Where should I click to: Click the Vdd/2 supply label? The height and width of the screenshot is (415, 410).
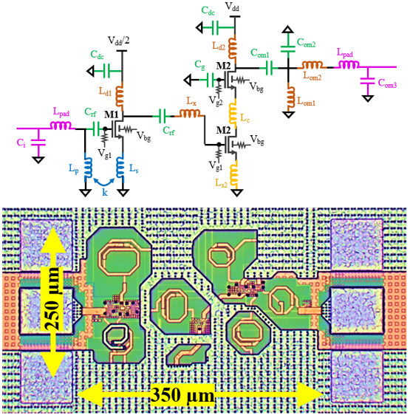pos(118,41)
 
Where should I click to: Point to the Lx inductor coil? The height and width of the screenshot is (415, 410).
pos(190,113)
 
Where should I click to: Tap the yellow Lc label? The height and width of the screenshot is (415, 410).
pos(245,118)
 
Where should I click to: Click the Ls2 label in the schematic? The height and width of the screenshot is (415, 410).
pos(221,183)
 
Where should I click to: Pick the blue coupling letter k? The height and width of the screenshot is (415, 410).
pos(105,193)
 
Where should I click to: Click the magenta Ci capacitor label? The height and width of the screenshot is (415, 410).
pos(21,143)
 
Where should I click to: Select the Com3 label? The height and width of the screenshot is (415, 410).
pos(387,83)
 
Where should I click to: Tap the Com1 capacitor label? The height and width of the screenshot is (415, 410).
pos(260,53)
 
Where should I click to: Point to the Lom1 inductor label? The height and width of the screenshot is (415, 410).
pos(306,101)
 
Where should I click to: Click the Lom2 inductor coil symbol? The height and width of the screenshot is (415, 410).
pos(312,65)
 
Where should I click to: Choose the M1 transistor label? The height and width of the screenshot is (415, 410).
pos(112,114)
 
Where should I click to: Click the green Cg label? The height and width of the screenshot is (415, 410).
pos(199,64)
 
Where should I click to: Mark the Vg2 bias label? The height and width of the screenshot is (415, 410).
pos(216,100)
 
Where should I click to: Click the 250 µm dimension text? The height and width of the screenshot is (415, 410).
pos(52,298)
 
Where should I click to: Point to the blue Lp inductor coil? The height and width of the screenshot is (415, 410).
pos(88,168)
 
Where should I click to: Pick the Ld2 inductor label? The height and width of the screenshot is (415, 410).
pos(219,46)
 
